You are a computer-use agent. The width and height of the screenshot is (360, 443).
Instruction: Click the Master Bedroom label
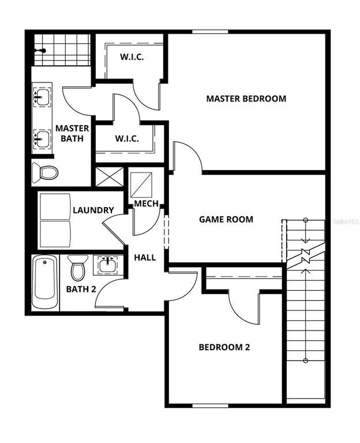point(246,99)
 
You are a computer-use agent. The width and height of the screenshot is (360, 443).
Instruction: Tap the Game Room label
point(226,219)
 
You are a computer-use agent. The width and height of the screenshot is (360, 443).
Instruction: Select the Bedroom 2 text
point(224,347)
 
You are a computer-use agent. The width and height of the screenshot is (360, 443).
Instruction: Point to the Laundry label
point(93,210)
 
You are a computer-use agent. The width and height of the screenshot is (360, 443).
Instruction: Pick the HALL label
point(145,257)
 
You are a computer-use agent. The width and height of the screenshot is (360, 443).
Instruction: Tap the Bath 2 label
point(81,289)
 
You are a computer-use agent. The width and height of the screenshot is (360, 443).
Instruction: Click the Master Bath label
point(72,133)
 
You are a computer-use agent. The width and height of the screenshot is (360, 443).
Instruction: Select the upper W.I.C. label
point(132,57)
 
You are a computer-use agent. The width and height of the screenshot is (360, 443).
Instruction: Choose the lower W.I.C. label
point(126,138)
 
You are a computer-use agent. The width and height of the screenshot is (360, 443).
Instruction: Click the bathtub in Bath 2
point(45,282)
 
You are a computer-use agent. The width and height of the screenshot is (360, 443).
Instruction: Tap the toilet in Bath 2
point(78,268)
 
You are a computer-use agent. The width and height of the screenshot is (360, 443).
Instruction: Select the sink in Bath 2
point(107,265)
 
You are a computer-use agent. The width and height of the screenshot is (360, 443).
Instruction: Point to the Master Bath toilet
point(45,172)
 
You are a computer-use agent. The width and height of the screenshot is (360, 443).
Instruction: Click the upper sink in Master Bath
point(41,95)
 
